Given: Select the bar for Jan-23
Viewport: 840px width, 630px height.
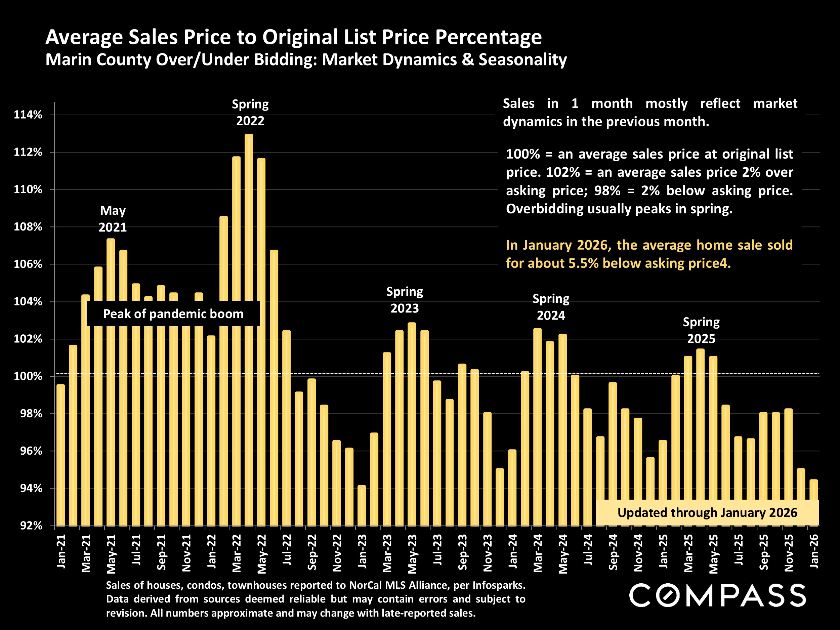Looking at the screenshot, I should (x=362, y=505).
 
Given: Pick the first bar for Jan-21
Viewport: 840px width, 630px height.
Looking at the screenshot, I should (x=60, y=456).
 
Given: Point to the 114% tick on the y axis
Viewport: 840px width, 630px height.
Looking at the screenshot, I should (x=28, y=115).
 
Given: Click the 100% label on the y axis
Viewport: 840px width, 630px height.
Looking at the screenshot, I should (x=28, y=376).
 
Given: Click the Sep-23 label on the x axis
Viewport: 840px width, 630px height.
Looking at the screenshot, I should (x=462, y=552).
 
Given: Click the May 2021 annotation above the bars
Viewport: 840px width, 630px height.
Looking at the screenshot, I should (x=113, y=219).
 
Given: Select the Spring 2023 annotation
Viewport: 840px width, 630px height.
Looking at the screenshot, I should (x=405, y=300).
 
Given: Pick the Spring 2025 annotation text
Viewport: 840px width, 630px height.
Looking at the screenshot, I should (x=701, y=330).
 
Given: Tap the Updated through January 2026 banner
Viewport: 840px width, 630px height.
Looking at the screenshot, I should (x=707, y=513).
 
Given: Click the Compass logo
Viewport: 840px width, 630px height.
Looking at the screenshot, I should (x=717, y=596).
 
